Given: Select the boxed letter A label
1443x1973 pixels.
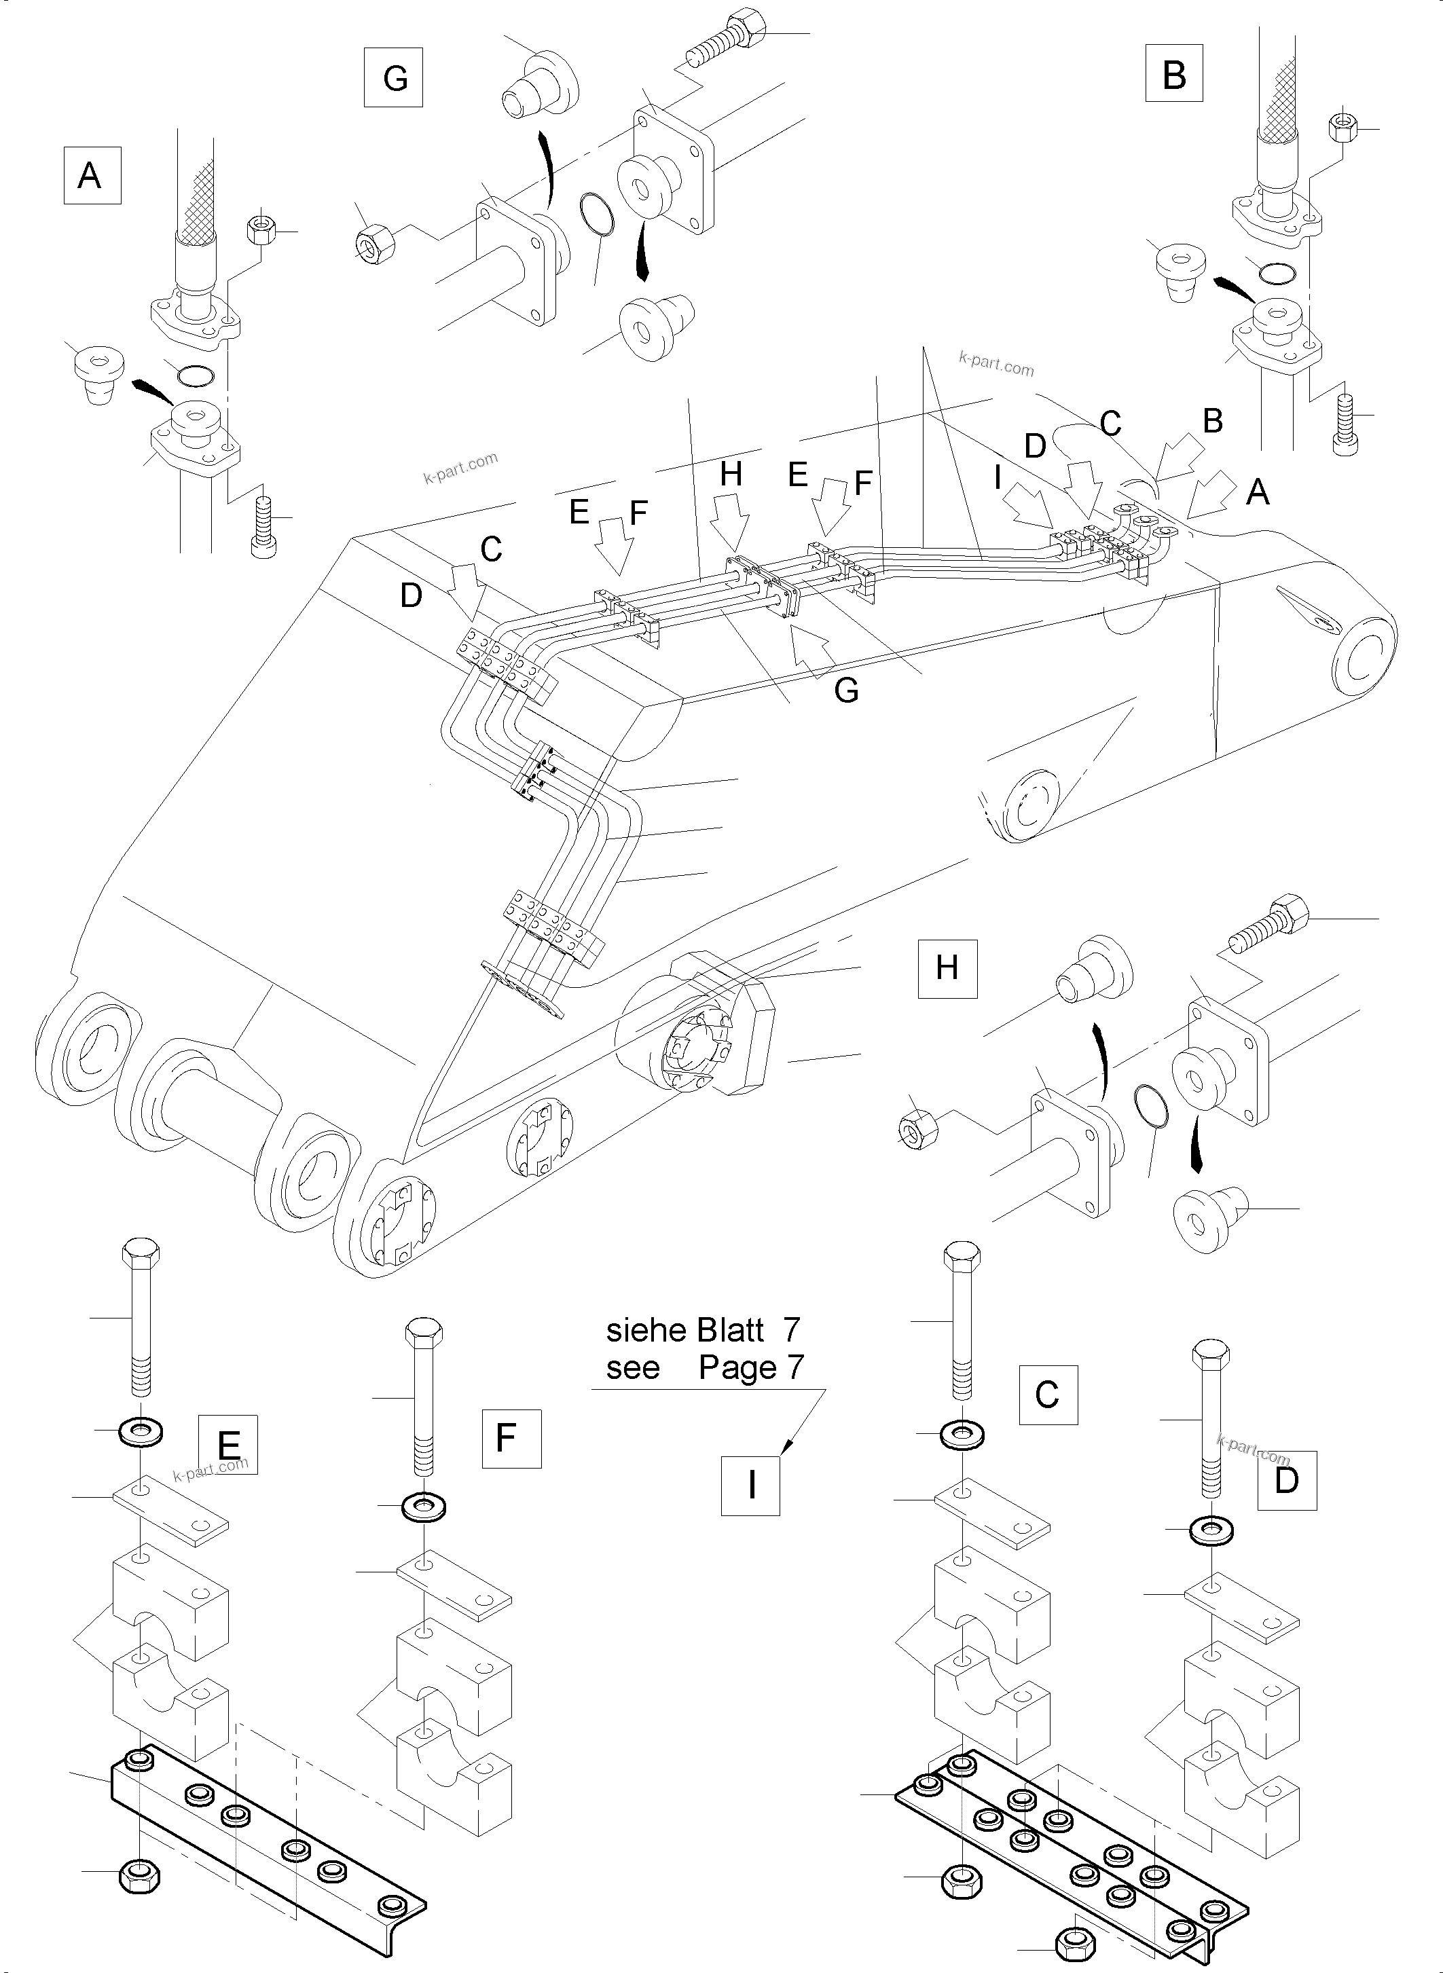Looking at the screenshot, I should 92,176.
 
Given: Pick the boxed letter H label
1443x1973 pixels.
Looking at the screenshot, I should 947,969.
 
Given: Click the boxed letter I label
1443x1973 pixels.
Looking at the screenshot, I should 750,1486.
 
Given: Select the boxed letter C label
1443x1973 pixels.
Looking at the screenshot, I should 1047,1395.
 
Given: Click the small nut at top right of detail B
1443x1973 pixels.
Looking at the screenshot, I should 1341,128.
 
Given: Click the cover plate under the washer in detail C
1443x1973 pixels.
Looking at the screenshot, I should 992,1515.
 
